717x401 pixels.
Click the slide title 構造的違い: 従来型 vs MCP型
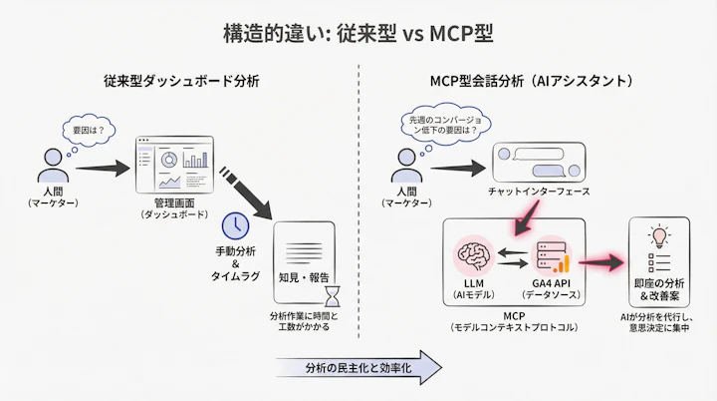point(358,32)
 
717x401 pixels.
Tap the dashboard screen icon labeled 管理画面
point(173,164)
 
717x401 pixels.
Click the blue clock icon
point(235,223)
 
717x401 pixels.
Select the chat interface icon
point(542,163)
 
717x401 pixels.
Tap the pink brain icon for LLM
point(474,259)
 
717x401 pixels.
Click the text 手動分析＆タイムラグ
point(237,261)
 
